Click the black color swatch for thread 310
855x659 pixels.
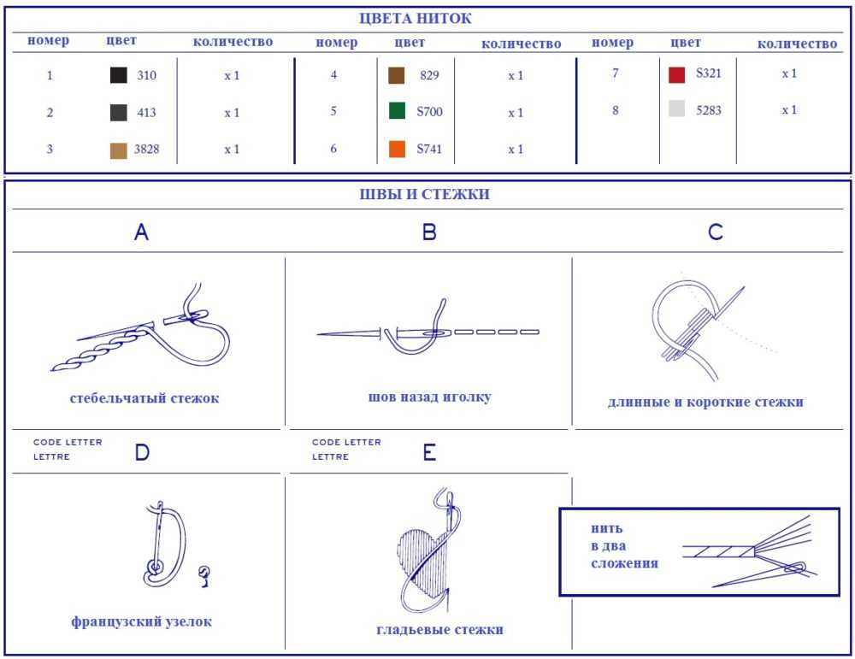pyautogui.click(x=118, y=75)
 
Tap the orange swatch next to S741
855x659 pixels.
pyautogui.click(x=397, y=149)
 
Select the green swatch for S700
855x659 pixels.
pyautogui.click(x=397, y=110)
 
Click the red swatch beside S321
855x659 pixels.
pyautogui.click(x=676, y=74)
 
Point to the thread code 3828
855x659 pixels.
pyautogui.click(x=147, y=150)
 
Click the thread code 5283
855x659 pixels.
pyautogui.click(x=708, y=110)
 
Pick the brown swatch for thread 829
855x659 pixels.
pyautogui.click(x=397, y=75)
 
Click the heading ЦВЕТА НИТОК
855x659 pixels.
pyautogui.click(x=415, y=19)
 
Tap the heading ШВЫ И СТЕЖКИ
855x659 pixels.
pyautogui.click(x=424, y=194)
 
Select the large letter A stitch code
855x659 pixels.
pyautogui.click(x=141, y=232)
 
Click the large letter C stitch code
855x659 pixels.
pyautogui.click(x=716, y=232)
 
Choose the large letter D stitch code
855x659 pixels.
pyautogui.click(x=142, y=452)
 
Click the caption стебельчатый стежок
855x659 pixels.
pyautogui.click(x=144, y=398)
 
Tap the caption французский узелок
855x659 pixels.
pyautogui.click(x=141, y=621)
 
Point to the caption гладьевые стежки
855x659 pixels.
pyautogui.click(x=439, y=630)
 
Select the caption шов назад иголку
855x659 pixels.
pyautogui.click(x=430, y=397)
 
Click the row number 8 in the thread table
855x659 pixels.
pyautogui.click(x=615, y=110)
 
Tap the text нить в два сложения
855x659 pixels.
pyautogui.click(x=624, y=545)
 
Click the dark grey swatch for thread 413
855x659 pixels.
pyautogui.click(x=118, y=112)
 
